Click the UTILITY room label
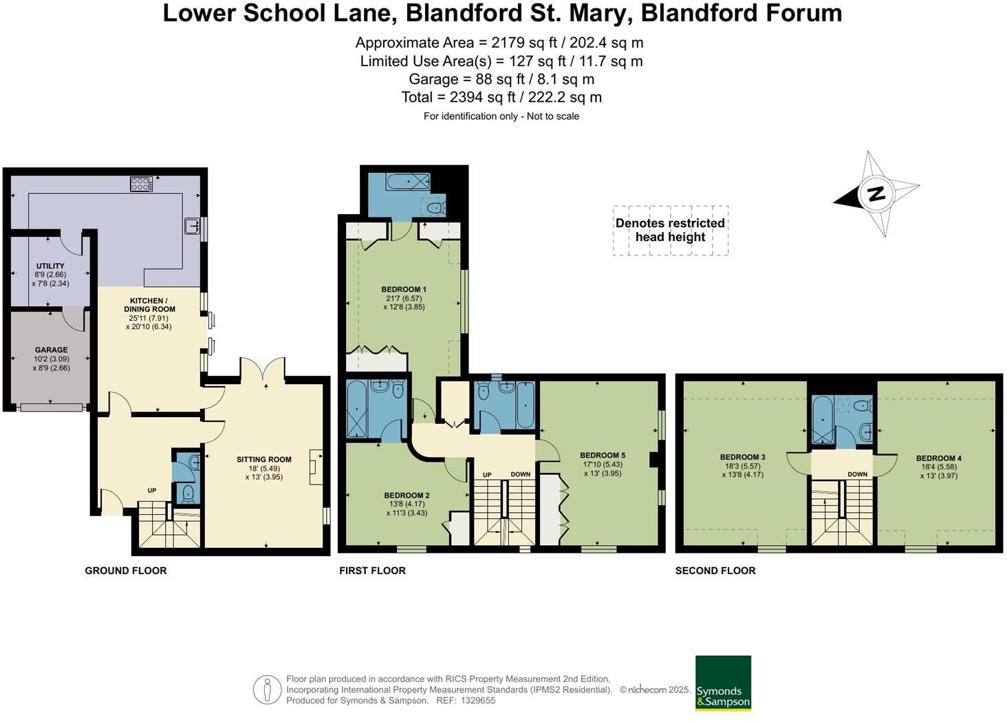point(50,266)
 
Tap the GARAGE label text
point(52,350)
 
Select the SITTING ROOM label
point(263,459)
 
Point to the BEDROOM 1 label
point(404,289)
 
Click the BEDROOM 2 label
point(407,495)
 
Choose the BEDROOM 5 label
point(603,455)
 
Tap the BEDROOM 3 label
point(742,457)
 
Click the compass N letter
point(876,193)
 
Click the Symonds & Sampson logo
point(723,683)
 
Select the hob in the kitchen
point(141,184)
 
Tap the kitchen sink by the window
point(192,226)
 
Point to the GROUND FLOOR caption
point(126,571)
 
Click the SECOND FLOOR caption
point(715,571)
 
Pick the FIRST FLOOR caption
point(372,571)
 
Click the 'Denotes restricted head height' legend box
point(670,231)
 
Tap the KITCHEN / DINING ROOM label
point(148,305)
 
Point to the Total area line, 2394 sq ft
point(501,97)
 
